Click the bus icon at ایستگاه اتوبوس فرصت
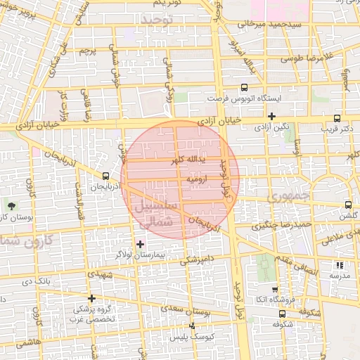click(243, 88)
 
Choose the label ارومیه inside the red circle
click(196, 179)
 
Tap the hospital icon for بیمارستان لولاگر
click(140, 243)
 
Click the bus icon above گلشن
click(348, 205)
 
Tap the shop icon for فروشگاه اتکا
click(274, 289)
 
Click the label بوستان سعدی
click(186, 309)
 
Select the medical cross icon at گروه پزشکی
click(91, 298)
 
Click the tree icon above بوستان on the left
click(11, 205)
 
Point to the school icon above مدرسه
click(340, 266)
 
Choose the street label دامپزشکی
click(195, 259)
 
